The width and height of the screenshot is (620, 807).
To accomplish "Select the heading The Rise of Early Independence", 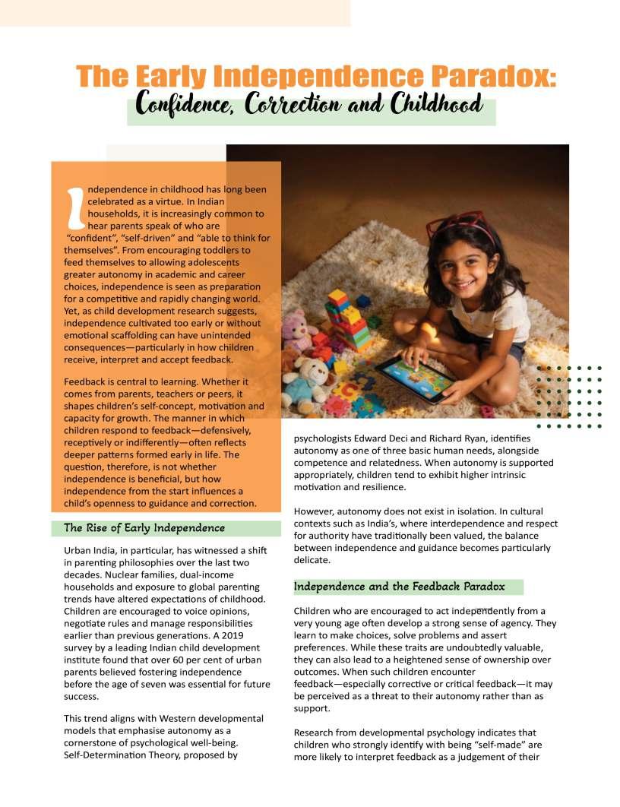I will click(x=144, y=528).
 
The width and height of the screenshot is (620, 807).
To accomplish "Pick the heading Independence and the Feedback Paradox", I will click(x=399, y=587).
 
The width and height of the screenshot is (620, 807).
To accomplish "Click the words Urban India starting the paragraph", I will click(x=90, y=549).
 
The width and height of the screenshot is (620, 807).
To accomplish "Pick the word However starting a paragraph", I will click(x=314, y=511).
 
